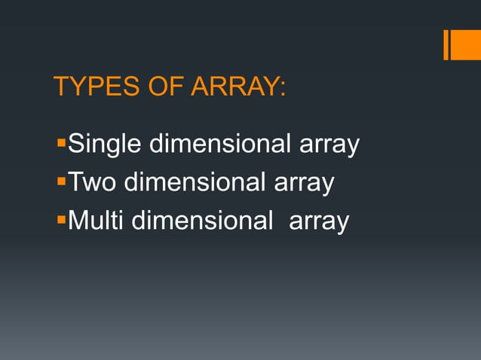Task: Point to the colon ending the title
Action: (x=282, y=89)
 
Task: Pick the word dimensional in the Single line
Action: (x=219, y=143)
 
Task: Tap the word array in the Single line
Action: (x=329, y=146)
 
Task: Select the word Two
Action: (x=89, y=182)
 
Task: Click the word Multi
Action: (x=95, y=221)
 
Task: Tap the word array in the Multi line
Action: (x=320, y=224)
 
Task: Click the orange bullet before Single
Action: (x=61, y=141)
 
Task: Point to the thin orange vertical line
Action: (x=446, y=44)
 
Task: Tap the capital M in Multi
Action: (x=76, y=221)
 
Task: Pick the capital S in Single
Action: (x=75, y=143)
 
